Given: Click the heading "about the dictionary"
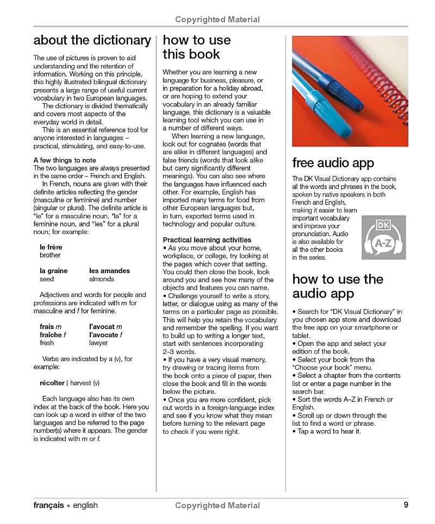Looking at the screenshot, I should (92, 40).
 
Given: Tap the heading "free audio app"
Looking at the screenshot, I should (333, 163).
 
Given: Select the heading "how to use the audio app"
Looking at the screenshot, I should (338, 286).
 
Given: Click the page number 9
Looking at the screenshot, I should (406, 504).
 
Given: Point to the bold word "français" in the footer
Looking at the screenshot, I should (48, 505).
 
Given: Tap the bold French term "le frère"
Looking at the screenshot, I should (51, 247).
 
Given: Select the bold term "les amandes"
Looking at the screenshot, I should (109, 270).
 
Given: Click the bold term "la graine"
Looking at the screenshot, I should (53, 270).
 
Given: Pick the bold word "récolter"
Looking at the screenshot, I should (52, 382).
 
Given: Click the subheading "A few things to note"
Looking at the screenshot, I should (65, 160).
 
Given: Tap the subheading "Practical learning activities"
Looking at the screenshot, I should (207, 239).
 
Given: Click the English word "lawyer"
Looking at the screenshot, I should (98, 343).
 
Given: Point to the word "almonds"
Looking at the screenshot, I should (102, 279).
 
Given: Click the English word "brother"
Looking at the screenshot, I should (50, 255).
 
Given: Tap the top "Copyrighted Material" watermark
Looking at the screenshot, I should (217, 20).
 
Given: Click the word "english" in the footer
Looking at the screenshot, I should (85, 505).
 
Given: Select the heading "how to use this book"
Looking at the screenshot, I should (196, 47).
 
